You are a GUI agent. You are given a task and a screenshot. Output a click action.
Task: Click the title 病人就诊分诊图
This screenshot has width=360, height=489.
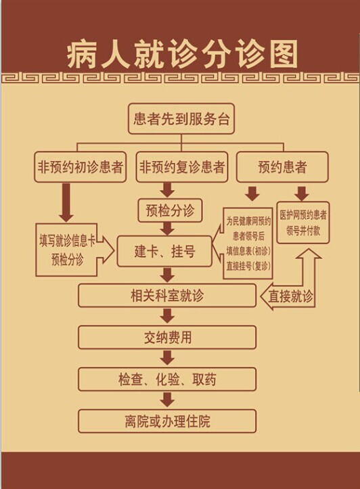click(183, 55)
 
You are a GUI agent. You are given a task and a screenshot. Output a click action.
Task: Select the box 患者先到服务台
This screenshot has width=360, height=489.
click(181, 119)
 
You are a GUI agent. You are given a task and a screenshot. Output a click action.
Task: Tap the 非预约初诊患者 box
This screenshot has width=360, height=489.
click(80, 167)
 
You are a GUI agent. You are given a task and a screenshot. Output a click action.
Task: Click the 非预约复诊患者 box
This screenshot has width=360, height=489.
click(182, 167)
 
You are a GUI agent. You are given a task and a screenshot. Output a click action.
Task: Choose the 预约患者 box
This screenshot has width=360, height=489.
click(282, 167)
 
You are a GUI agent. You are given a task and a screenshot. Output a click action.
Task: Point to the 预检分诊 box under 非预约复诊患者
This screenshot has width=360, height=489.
click(170, 210)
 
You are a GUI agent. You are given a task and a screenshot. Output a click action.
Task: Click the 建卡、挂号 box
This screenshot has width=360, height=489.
click(164, 252)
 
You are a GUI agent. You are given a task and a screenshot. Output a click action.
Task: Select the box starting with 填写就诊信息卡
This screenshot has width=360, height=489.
click(67, 250)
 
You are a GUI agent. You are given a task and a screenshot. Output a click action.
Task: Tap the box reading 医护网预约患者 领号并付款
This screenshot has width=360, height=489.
click(303, 223)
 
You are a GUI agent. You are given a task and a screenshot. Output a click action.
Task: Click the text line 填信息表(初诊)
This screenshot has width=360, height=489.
click(248, 251)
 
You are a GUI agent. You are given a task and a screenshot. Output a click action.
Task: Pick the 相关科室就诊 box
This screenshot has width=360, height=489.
click(167, 296)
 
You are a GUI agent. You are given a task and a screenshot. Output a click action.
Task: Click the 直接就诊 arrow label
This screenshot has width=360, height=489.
click(290, 296)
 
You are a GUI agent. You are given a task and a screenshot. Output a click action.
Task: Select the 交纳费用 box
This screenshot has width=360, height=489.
click(167, 337)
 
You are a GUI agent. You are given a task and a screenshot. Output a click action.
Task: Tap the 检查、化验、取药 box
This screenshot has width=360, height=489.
click(167, 379)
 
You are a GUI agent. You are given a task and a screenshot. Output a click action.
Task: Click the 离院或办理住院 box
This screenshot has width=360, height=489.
click(167, 421)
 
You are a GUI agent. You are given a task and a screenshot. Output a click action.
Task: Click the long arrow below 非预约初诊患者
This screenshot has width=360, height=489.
click(66, 203)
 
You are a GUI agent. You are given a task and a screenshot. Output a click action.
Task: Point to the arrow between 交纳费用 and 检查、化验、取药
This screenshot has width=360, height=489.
click(168, 358)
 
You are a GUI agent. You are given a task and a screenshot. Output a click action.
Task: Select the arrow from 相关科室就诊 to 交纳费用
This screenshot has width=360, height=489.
click(168, 316)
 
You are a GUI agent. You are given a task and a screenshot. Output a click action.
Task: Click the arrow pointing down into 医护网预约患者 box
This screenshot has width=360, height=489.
click(302, 194)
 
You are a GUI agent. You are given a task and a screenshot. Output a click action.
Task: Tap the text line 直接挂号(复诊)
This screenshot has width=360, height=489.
click(248, 266)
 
